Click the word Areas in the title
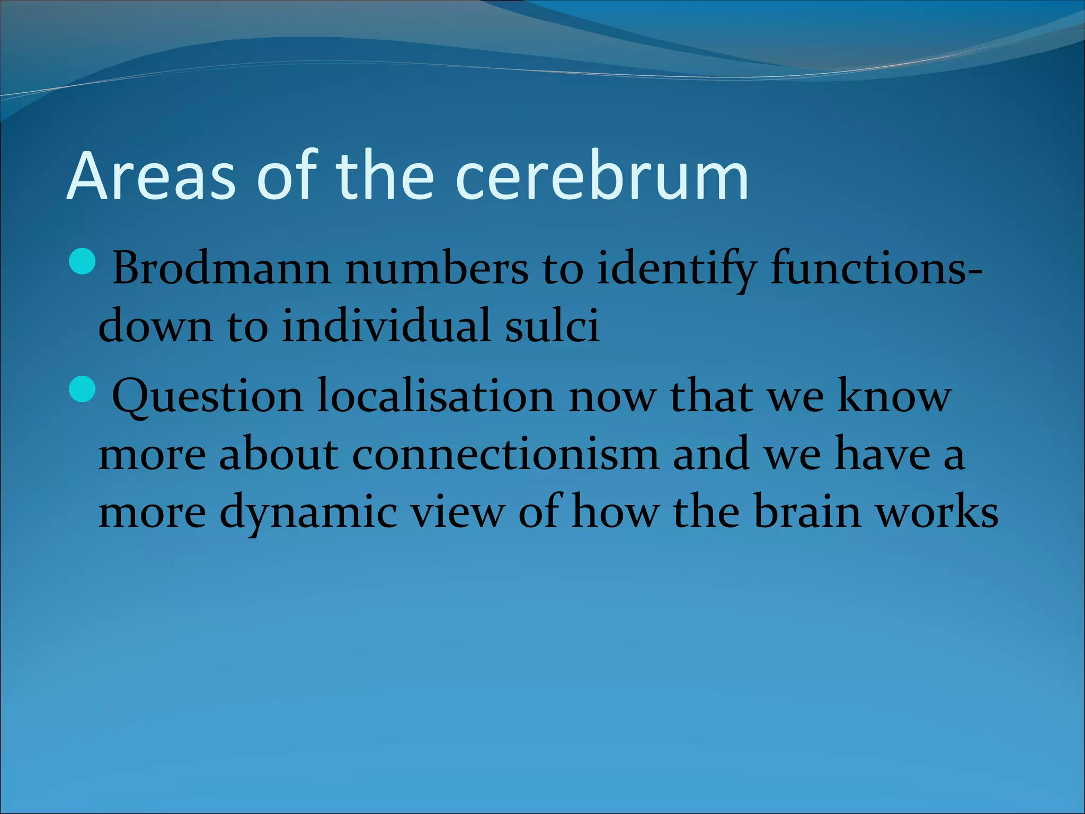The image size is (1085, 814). click(151, 176)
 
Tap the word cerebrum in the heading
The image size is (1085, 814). click(601, 176)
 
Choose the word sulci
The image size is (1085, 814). click(552, 325)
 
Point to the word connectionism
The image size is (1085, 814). click(505, 455)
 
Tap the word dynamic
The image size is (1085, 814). click(308, 513)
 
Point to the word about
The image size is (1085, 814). click(279, 455)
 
